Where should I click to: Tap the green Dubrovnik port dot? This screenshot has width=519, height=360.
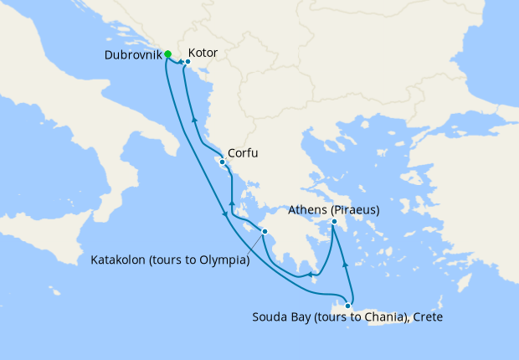(168, 54)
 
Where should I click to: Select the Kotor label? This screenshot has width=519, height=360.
(203, 53)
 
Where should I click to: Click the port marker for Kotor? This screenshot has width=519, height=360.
(188, 61)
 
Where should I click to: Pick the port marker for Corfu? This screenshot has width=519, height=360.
(222, 162)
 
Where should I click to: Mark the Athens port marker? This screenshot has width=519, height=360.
(334, 222)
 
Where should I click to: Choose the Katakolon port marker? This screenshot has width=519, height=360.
(265, 232)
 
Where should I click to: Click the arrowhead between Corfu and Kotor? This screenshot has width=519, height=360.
(194, 121)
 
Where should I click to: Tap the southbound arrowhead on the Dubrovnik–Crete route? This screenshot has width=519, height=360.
(224, 215)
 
